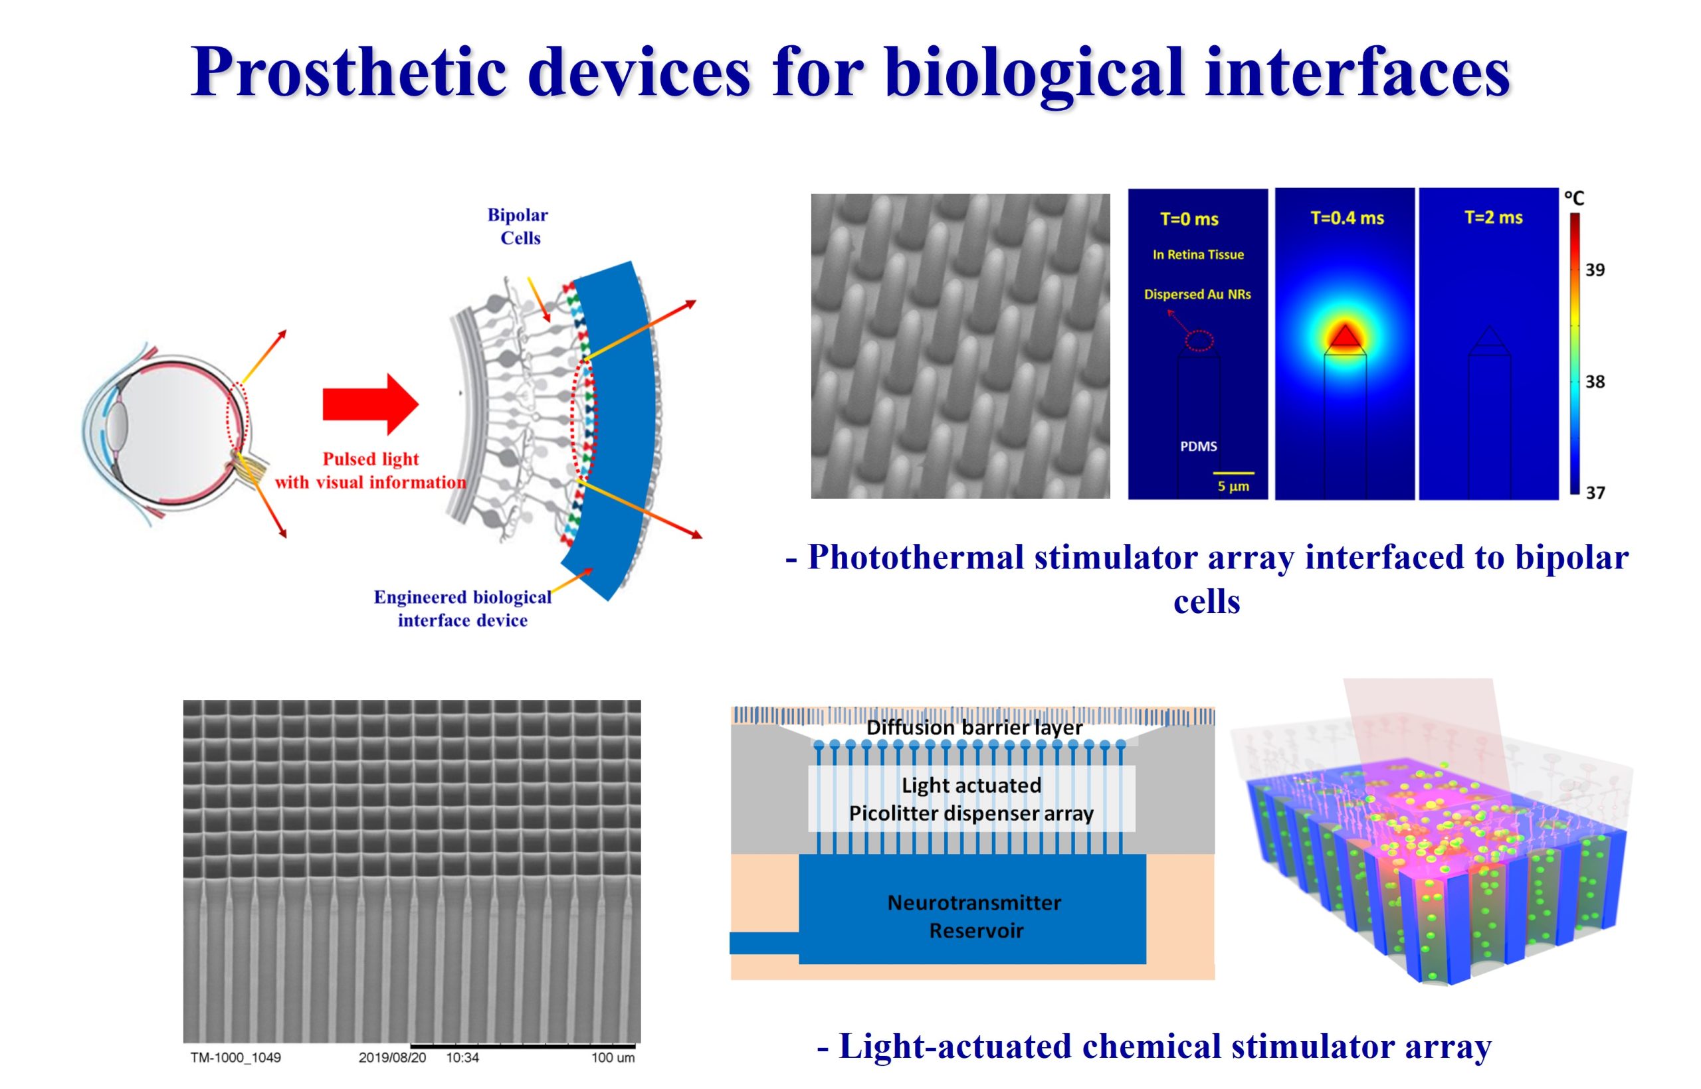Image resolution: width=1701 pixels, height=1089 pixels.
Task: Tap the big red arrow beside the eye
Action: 371,404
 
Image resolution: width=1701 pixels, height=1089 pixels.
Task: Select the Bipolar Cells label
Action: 519,226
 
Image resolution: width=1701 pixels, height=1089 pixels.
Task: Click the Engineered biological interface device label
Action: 462,608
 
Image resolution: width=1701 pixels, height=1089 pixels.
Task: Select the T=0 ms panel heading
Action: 1189,219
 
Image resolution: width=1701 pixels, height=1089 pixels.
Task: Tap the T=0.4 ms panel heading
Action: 1348,218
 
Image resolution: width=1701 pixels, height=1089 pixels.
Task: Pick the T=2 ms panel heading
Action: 1493,217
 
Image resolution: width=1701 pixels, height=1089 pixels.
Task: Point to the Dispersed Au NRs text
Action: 1197,294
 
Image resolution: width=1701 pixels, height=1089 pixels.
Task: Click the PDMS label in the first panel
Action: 1199,446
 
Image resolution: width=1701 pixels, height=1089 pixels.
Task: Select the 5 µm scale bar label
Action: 1233,487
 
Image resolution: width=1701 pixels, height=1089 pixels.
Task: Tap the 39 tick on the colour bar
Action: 1595,270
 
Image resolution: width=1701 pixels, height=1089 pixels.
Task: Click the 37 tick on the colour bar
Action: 1595,492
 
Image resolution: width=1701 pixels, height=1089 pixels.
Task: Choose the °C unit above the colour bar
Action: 1573,197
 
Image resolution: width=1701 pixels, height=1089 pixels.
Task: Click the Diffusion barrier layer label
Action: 974,727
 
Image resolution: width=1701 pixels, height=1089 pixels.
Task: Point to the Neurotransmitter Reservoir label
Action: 975,916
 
